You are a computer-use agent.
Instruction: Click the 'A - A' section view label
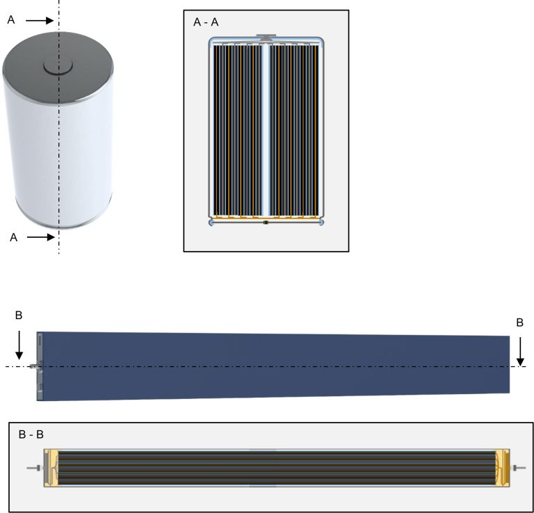pos(206,22)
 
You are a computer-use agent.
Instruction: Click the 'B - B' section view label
pos(31,434)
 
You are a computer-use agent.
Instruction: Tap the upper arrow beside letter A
pos(40,21)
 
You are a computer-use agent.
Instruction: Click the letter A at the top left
pos(10,21)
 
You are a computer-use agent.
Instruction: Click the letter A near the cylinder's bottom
pos(13,238)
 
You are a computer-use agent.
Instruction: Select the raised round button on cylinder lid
pos(58,66)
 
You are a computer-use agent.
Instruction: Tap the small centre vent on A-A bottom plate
pos(266,222)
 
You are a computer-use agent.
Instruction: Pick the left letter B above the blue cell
pos(19,316)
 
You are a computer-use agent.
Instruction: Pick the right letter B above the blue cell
pos(519,323)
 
